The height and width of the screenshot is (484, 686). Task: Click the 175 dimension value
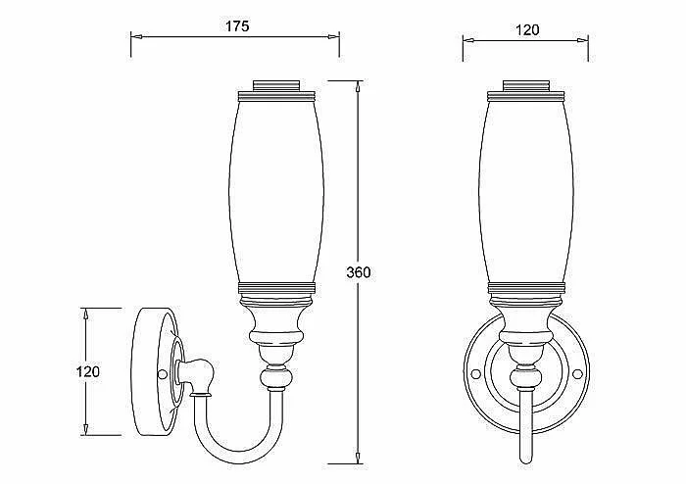[x=237, y=26]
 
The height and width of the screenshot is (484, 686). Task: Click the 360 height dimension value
[x=359, y=272]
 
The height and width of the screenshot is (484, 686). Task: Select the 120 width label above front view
[x=527, y=30]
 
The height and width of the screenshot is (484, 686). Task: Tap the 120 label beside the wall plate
[x=88, y=371]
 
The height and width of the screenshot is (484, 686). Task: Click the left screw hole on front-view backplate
[x=475, y=374]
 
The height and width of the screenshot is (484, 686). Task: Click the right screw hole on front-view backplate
[x=577, y=374]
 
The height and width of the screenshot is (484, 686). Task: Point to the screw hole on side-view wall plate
[x=163, y=374]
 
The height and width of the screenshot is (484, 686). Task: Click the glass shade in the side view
[x=276, y=192]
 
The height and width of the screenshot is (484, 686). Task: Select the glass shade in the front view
[x=526, y=192]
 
